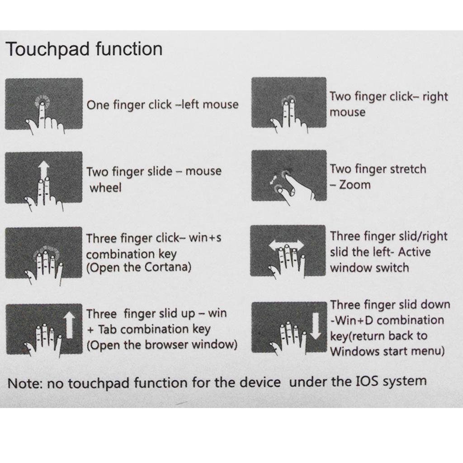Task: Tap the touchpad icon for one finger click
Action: tap(44, 104)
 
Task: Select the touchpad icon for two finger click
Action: tap(289, 103)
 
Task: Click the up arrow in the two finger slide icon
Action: tap(44, 170)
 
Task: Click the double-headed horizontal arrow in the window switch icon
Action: tap(286, 245)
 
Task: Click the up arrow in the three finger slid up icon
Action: tap(70, 326)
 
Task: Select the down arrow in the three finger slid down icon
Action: tap(316, 326)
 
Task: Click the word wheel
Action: tap(105, 188)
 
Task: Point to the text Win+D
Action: tap(352, 320)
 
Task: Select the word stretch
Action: tap(408, 169)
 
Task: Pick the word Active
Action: tap(414, 252)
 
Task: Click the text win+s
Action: tap(205, 238)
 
